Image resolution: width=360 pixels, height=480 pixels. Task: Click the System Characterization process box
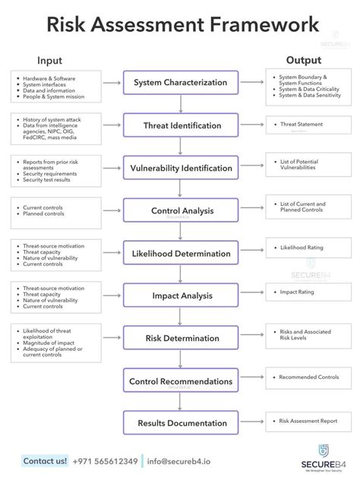coord(180,83)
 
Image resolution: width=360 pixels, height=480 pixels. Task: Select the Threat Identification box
coord(180,125)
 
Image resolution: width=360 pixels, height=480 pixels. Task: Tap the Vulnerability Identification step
coord(180,168)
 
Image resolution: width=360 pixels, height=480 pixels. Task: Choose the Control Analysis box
coord(180,210)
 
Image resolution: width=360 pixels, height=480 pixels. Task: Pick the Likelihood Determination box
coord(180,253)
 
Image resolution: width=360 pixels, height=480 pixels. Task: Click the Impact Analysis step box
coord(180,295)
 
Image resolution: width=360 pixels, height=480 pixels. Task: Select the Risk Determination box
coord(180,338)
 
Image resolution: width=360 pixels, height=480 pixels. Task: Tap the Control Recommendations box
coord(180,381)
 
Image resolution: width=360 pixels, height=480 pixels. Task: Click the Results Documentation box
coord(180,422)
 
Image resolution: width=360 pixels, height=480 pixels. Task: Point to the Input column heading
coord(49,61)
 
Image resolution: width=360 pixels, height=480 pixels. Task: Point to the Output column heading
coord(303,61)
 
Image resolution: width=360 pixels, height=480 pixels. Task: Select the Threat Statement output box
coord(307,125)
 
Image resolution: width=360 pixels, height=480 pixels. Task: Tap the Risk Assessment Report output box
coord(307,420)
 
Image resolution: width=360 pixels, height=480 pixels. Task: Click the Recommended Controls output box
coord(307,377)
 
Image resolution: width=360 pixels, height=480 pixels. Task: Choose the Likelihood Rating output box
coord(307,248)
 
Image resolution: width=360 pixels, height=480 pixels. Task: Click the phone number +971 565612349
coord(106,461)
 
